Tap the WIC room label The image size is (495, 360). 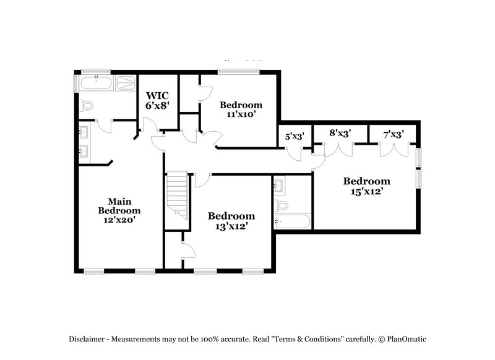click(157, 96)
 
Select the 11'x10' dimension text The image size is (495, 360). click(241, 114)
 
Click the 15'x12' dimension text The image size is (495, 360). click(367, 191)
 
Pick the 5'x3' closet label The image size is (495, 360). click(295, 137)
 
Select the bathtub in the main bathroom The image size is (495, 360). click(96, 84)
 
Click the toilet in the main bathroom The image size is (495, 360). click(87, 106)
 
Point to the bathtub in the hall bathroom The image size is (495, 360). click(291, 221)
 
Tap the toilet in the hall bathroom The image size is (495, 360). click(282, 205)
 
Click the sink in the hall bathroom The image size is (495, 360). click(279, 184)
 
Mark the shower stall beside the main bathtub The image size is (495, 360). click(126, 84)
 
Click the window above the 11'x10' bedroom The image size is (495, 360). click(238, 72)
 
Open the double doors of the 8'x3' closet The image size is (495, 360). click(338, 148)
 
